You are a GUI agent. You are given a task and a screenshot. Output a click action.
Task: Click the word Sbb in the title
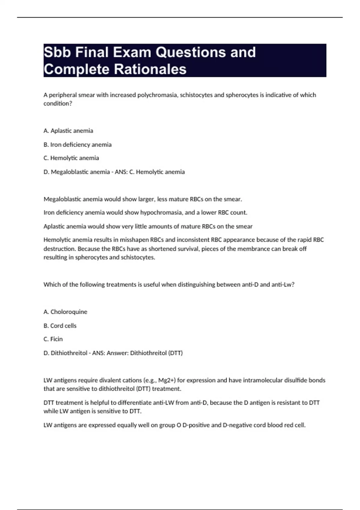[58, 52]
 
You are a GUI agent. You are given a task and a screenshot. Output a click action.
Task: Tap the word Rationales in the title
[150, 69]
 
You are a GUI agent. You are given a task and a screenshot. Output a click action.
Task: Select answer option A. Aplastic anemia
[68, 131]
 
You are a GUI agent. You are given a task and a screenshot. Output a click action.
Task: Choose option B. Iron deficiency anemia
[77, 145]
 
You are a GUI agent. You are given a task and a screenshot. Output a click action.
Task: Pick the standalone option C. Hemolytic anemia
[71, 158]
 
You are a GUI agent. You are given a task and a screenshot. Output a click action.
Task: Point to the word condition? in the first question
[58, 103]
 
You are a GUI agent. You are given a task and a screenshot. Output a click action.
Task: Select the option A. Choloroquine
[65, 312]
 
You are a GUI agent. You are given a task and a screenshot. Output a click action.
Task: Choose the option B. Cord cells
[60, 326]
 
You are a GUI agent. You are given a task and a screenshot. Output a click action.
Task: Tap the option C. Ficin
[53, 339]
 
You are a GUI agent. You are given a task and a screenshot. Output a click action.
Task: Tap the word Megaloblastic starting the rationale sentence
[62, 199]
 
